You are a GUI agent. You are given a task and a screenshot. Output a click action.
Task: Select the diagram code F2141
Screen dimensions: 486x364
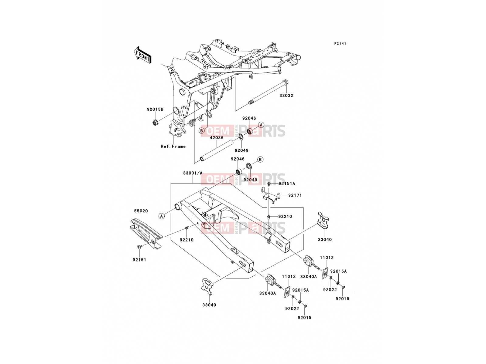(x=340, y=44)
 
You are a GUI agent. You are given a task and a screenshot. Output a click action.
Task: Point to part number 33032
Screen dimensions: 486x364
(x=286, y=96)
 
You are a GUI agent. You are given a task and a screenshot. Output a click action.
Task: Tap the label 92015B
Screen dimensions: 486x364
(x=155, y=109)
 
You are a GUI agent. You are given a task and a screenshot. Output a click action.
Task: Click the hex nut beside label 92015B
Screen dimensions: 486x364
(x=155, y=122)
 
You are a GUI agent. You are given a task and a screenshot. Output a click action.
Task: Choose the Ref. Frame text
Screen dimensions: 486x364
(x=173, y=146)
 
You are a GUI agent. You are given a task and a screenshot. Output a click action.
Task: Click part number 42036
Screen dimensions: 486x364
(x=217, y=137)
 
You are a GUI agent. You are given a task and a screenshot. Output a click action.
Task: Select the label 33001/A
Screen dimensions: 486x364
(x=193, y=173)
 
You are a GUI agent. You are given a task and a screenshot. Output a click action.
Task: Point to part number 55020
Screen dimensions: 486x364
(x=141, y=211)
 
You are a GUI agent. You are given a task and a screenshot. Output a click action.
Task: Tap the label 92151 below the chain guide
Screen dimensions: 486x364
(x=139, y=260)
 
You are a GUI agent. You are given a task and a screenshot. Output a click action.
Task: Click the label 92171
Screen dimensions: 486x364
(x=295, y=195)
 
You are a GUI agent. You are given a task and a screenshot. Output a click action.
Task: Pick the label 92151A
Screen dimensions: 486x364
(x=287, y=184)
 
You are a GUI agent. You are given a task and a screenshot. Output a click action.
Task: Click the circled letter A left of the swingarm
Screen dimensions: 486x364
(x=162, y=216)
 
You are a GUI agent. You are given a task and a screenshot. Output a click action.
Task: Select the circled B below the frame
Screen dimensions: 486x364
(x=201, y=131)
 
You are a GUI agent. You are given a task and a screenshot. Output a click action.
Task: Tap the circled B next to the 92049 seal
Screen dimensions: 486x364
(x=260, y=159)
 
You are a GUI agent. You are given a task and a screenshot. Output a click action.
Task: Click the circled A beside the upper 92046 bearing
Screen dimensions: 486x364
(x=261, y=125)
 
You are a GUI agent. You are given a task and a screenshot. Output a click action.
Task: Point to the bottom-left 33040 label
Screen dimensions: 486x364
(x=209, y=305)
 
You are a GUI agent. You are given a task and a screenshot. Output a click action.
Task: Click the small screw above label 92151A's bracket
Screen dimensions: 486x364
(x=269, y=184)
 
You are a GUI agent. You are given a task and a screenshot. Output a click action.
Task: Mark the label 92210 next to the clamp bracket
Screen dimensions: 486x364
(x=285, y=217)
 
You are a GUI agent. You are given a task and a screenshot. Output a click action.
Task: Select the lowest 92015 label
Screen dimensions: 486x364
(x=304, y=318)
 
